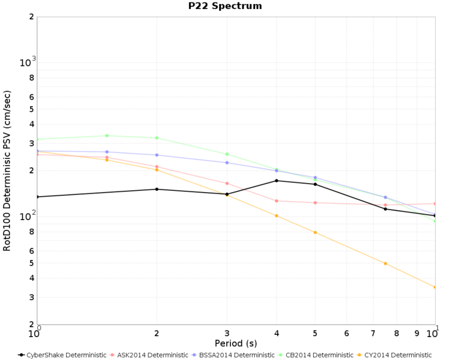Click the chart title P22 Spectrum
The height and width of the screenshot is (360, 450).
225,6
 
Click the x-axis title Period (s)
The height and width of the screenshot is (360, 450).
236,343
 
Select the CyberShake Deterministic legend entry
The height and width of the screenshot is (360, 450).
62,355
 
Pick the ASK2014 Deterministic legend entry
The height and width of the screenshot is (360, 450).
149,355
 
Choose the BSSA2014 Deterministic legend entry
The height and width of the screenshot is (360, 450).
233,355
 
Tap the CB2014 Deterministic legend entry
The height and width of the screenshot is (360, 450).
316,355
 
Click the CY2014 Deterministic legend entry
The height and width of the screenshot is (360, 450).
394,355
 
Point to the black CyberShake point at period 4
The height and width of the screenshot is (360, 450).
277,181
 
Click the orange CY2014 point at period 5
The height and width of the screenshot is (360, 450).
315,232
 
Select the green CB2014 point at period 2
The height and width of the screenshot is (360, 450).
157,138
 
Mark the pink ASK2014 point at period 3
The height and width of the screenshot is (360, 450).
227,183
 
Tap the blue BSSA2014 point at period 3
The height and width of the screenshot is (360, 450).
227,163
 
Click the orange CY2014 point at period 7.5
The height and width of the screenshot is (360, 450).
385,263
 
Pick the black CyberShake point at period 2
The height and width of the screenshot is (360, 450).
157,189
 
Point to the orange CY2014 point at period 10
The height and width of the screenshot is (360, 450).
435,287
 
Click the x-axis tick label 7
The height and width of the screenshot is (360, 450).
373,334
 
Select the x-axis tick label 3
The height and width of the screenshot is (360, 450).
227,334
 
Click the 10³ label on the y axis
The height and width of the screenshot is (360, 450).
28,62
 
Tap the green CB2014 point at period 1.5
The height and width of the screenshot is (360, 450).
107,136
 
